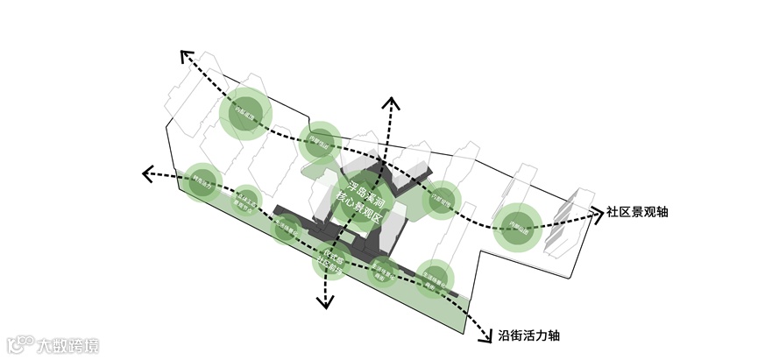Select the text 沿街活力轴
(x=528, y=336)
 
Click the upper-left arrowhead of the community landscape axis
(x=187, y=57)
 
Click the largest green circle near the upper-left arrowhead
(x=244, y=115)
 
